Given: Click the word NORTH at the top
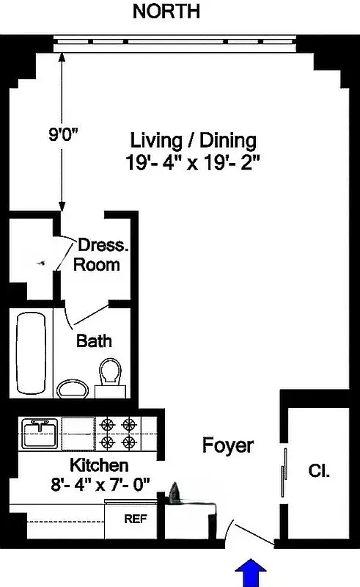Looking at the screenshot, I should pos(166,12).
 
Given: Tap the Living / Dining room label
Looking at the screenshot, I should pos(193,139).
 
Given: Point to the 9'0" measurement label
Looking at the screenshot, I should pos(64,134).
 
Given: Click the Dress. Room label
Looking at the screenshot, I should pos(99,254).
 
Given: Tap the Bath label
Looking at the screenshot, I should pos(94,340).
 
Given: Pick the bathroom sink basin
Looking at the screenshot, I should pos(71,387).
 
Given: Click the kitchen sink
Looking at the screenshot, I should pos(40,433).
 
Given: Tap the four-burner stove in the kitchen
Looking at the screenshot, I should pos(118,433).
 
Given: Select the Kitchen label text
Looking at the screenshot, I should pos(99,465).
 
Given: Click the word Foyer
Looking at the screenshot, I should pos(228,445).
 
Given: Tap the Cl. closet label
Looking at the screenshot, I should pos(319,471).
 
